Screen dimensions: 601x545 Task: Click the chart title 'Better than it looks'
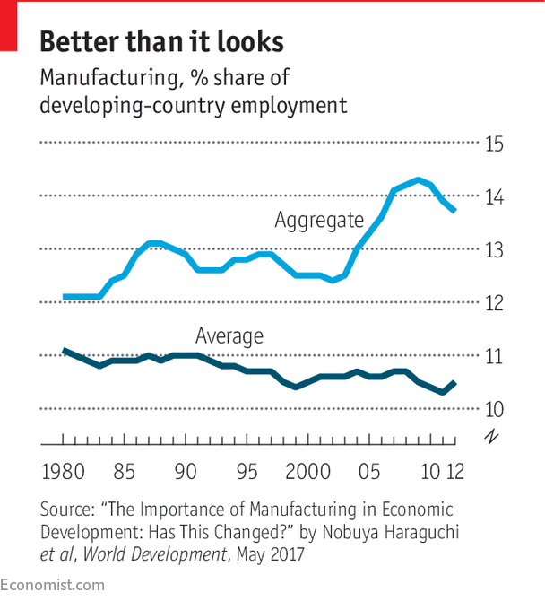point(162,41)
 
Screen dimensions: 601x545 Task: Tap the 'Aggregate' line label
point(319,220)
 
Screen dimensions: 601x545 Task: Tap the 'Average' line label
point(229,336)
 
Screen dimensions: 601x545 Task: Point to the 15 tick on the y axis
point(494,144)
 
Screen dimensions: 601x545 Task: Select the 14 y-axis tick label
point(494,196)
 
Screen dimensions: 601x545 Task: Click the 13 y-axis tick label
point(494,249)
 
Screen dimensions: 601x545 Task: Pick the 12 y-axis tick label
point(494,303)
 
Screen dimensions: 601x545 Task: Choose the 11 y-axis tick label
point(494,356)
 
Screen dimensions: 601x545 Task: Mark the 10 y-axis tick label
point(494,409)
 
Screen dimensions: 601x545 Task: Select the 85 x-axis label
point(125,471)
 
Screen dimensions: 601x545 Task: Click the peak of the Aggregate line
point(418,180)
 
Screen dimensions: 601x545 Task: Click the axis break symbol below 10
point(491,437)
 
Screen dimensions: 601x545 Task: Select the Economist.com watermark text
point(53,585)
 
